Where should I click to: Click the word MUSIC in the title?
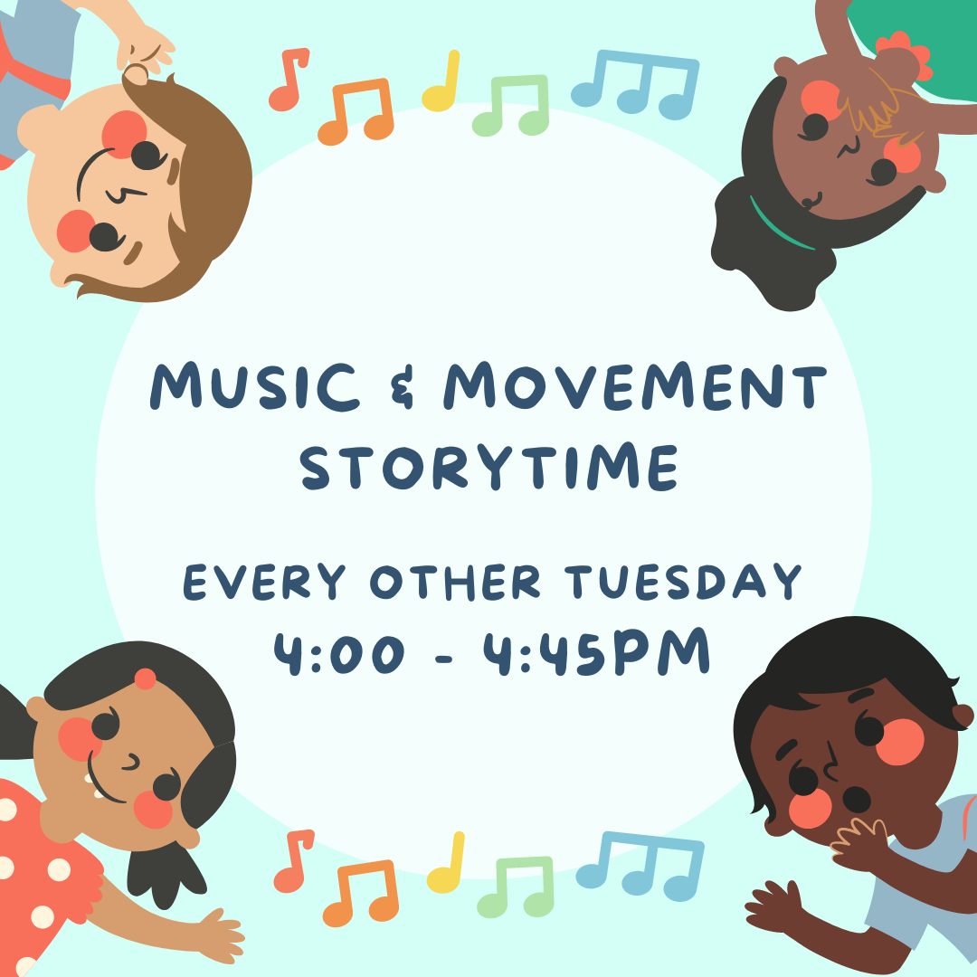tap(254, 386)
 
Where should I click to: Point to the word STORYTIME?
tap(489, 467)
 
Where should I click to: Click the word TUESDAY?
tap(683, 582)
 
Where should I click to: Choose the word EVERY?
tap(264, 582)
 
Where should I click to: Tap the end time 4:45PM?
tap(597, 653)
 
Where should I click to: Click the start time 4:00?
tap(339, 654)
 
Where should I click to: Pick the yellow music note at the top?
tap(441, 81)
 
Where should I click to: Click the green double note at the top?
tap(511, 105)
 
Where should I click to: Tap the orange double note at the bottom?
tap(361, 893)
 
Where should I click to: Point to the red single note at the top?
tap(289, 80)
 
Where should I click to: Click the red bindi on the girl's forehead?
tap(145, 678)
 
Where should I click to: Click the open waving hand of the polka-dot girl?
tap(222, 932)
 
